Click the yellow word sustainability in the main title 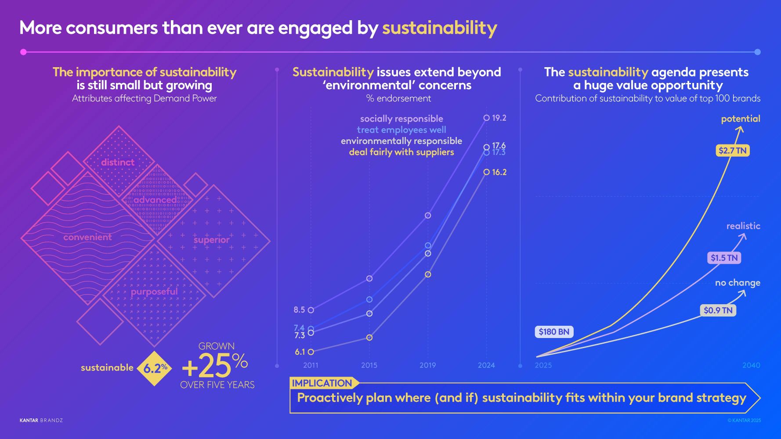(439, 29)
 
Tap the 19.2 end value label (499, 118)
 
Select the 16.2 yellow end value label (499, 173)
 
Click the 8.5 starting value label (299, 310)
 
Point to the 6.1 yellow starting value (300, 352)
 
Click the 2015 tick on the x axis (369, 365)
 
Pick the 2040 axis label (751, 365)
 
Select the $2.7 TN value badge (732, 151)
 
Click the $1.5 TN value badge (724, 258)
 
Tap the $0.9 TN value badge (718, 310)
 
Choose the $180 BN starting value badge (554, 332)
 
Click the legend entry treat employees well (401, 130)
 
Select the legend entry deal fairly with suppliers (401, 152)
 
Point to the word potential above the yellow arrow (740, 119)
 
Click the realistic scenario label (743, 226)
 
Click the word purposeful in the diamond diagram (154, 292)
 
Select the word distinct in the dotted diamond (118, 162)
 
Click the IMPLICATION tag (322, 383)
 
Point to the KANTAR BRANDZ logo (41, 421)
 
